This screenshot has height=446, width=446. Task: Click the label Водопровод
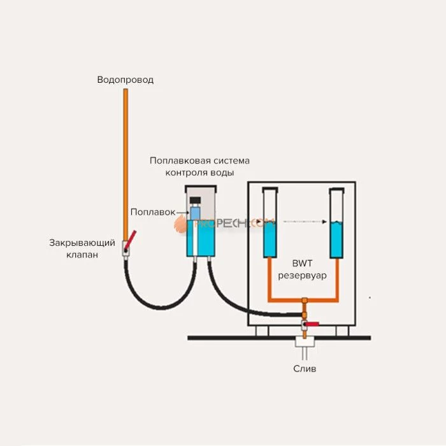coord(126,80)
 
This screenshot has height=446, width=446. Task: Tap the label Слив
coord(304,368)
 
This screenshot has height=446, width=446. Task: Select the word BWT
coord(302,263)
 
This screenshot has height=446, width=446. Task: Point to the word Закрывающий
coord(82,243)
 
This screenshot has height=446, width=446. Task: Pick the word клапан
coord(82,255)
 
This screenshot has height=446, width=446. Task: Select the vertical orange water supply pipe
coord(126,166)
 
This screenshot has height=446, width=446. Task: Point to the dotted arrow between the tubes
coord(303,222)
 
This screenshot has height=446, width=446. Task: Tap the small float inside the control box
coord(194,212)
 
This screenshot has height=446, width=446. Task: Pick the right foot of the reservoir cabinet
coord(342,331)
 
